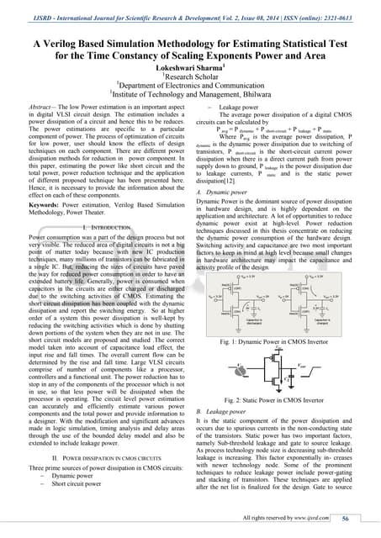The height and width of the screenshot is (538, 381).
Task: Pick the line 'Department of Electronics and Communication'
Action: [x=191, y=85]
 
